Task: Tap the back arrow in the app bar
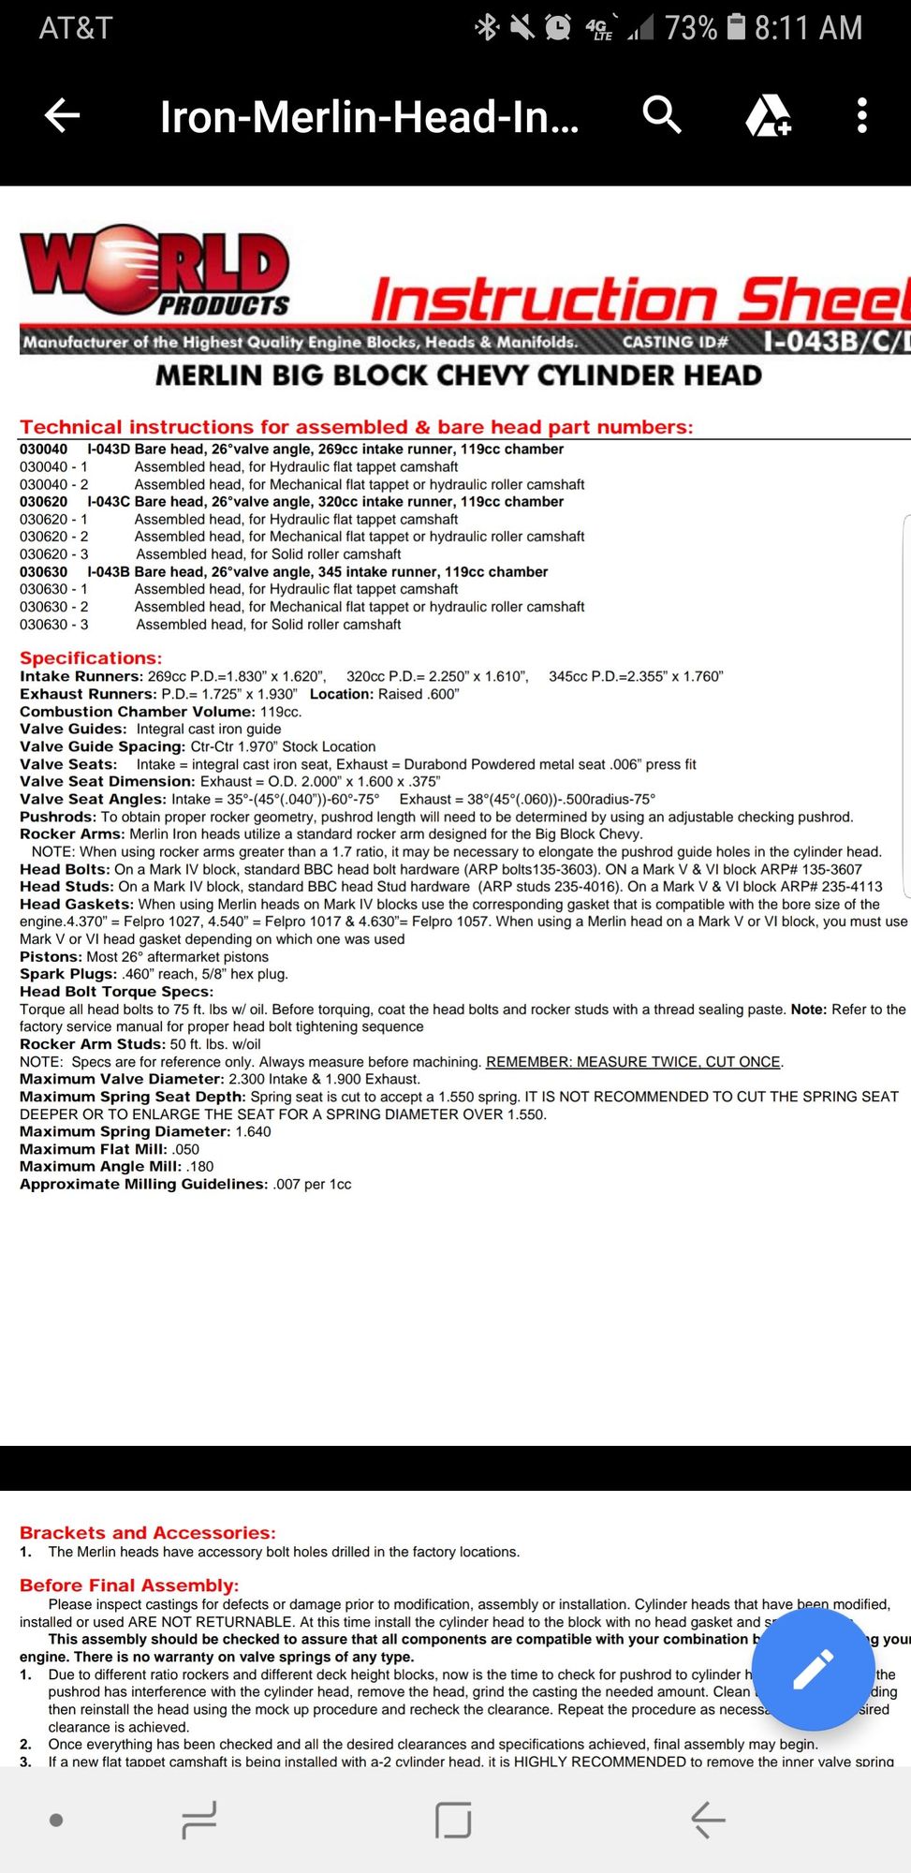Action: tap(63, 116)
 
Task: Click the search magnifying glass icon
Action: tap(662, 115)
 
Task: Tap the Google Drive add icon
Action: tap(768, 116)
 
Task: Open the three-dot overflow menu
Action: tap(862, 116)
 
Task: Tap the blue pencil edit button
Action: tap(813, 1670)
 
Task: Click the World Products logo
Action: tap(155, 272)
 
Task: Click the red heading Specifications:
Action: tap(91, 658)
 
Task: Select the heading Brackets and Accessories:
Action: tap(148, 1533)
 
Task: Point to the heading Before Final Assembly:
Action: tap(129, 1585)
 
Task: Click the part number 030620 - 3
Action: tap(54, 554)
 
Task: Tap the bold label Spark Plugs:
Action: tap(68, 974)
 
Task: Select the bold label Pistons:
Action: tap(51, 957)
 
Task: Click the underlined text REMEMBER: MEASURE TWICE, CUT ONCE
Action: tap(633, 1062)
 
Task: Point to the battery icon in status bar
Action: tap(737, 27)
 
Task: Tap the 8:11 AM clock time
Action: tap(808, 28)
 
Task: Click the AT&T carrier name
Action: tap(76, 28)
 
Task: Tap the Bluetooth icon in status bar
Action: tap(487, 27)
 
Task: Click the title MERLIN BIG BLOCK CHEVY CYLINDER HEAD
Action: tap(458, 376)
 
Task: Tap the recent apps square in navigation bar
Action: tap(453, 1820)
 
